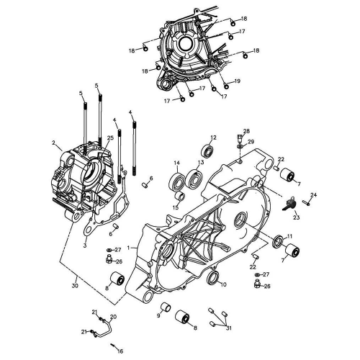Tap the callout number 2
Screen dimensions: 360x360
pyautogui.click(x=85, y=246)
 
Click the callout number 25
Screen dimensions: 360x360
pyautogui.click(x=110, y=138)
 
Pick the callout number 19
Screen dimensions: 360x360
pyautogui.click(x=237, y=81)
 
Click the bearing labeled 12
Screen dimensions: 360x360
pyautogui.click(x=209, y=151)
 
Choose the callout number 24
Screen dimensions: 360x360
pyautogui.click(x=313, y=195)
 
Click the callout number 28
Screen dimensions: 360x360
pyautogui.click(x=246, y=131)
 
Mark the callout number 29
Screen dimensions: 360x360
pyautogui.click(x=251, y=142)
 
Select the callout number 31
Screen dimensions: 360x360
pyautogui.click(x=229, y=328)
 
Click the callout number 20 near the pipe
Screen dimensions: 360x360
pyautogui.click(x=113, y=317)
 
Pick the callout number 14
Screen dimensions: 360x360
pyautogui.click(x=176, y=163)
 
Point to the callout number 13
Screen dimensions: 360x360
pyautogui.click(x=201, y=163)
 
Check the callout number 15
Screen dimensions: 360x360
pyautogui.click(x=175, y=207)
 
